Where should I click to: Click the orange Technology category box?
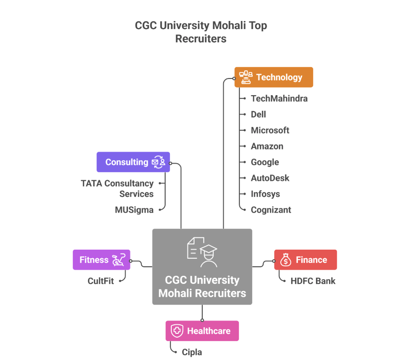274,77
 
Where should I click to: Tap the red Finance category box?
305,260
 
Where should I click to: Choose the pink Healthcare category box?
202,331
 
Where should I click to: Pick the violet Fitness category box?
101,260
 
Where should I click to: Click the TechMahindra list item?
279,98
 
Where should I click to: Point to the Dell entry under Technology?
258,114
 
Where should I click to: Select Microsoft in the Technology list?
270,130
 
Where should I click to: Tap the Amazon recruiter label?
267,146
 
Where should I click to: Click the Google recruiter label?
265,162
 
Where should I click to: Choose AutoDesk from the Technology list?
270,178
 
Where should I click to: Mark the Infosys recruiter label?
265,194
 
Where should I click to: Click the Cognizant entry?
271,210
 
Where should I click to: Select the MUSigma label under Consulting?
134,210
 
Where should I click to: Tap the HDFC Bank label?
313,281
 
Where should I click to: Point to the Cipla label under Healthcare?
192,352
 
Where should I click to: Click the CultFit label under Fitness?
101,281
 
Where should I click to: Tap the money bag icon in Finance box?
286,260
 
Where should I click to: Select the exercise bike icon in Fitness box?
118,260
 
